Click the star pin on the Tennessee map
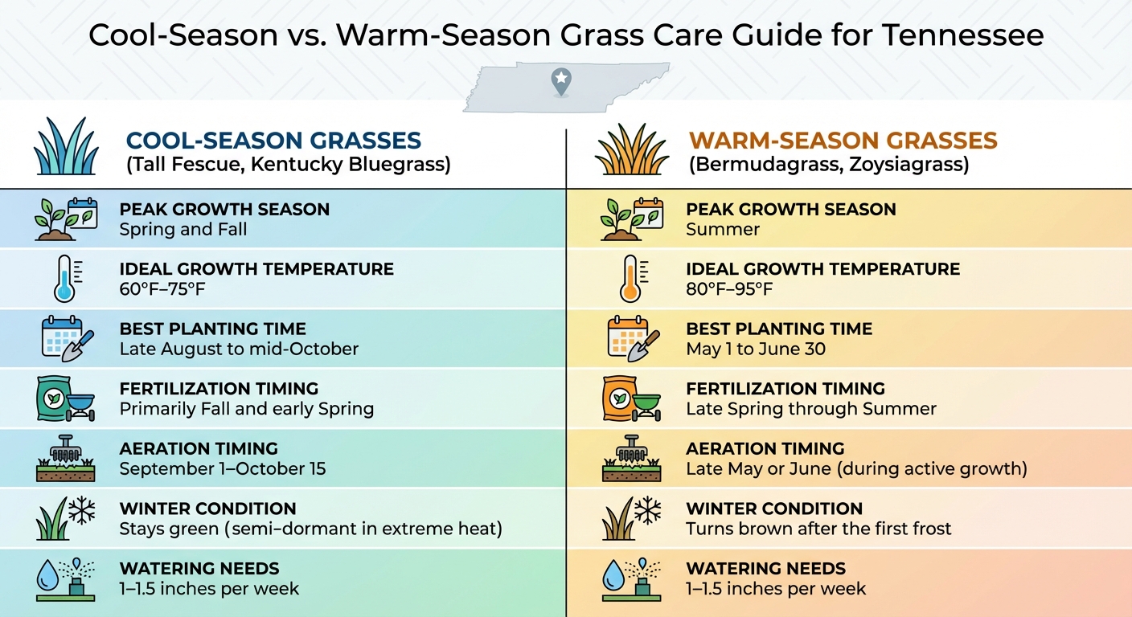coord(560,79)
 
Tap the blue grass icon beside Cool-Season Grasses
coord(66,148)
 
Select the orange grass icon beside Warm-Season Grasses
coord(632,149)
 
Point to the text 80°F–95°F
coord(729,289)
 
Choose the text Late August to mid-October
coord(239,349)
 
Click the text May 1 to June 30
coord(756,349)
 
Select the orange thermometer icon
coord(630,279)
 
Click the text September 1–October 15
coord(223,469)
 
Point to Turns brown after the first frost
coord(818,529)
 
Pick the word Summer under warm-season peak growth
coord(723,230)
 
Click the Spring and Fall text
coord(183,230)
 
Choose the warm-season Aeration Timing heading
coord(765,448)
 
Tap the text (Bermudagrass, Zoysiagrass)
coord(828,165)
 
